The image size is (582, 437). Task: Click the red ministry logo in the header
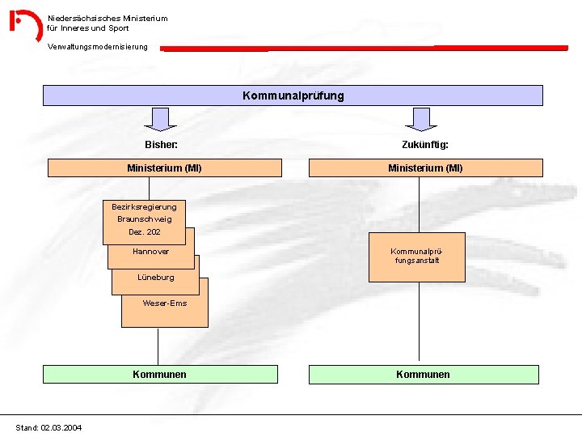click(25, 24)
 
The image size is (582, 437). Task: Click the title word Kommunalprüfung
click(293, 95)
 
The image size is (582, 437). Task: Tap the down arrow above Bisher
click(164, 119)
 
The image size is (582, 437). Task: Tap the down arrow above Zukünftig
click(420, 119)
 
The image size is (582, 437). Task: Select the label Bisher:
click(161, 145)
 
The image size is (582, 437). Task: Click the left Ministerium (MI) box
click(164, 168)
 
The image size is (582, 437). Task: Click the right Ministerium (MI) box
click(425, 168)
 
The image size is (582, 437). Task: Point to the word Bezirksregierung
click(144, 207)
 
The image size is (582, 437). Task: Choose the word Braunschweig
click(144, 219)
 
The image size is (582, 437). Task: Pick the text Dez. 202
click(144, 232)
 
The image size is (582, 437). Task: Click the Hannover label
click(150, 252)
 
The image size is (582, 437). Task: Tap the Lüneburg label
click(155, 278)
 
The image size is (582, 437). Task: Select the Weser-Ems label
click(164, 303)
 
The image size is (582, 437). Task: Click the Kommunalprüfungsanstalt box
click(416, 257)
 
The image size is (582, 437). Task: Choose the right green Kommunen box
click(423, 375)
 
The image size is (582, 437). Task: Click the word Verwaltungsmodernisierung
click(98, 47)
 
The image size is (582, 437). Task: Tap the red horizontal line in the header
click(364, 49)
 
